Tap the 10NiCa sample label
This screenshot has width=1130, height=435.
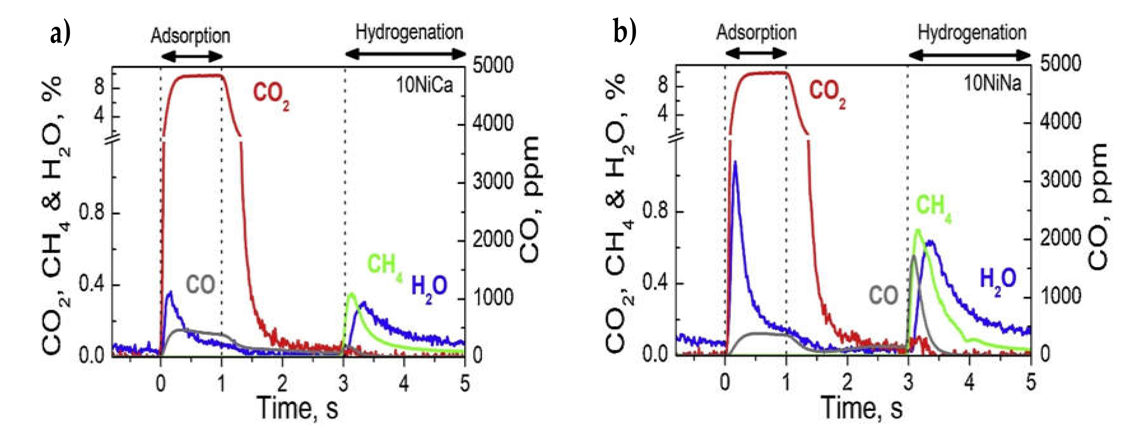[x=424, y=85]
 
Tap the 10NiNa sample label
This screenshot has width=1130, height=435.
[x=992, y=83]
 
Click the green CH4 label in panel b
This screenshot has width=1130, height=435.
[x=933, y=206]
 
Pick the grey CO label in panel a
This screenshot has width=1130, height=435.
[x=200, y=285]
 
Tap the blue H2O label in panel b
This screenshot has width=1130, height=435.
[x=998, y=279]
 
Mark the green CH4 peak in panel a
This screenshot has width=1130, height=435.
[x=351, y=294]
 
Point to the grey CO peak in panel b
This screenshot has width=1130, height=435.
[x=914, y=257]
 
